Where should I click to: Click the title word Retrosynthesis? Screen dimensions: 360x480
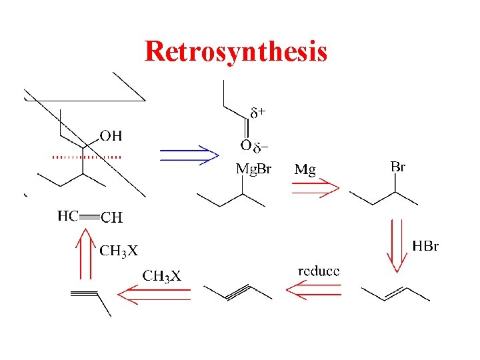click(x=235, y=51)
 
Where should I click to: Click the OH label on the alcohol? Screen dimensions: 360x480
click(x=111, y=137)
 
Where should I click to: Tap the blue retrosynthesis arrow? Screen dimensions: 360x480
click(x=189, y=155)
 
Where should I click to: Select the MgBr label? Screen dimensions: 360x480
click(x=254, y=169)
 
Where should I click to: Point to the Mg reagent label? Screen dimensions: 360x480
click(x=305, y=170)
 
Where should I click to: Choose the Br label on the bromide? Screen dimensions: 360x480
click(x=397, y=167)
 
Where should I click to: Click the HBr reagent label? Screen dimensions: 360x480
click(x=425, y=247)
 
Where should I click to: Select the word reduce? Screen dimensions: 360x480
click(x=319, y=271)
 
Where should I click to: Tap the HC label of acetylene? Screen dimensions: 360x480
click(x=68, y=215)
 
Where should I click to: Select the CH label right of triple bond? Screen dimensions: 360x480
click(x=112, y=217)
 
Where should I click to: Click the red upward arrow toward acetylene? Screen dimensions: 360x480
click(x=85, y=253)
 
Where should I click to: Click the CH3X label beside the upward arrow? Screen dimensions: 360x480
click(x=119, y=251)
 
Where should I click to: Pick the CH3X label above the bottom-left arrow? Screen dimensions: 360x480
click(x=162, y=275)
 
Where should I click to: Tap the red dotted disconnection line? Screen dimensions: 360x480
click(x=87, y=157)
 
